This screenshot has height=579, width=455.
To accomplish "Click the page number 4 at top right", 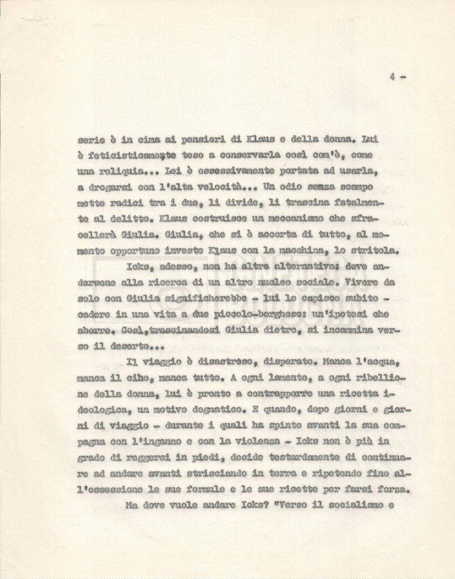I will coord(392,77).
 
